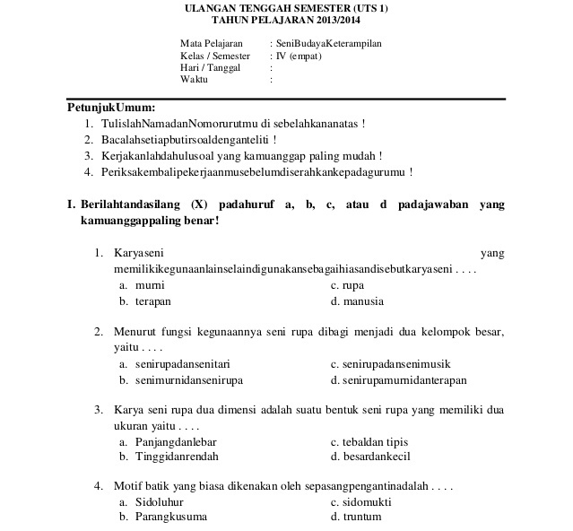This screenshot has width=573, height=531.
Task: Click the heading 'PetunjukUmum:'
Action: [x=112, y=108]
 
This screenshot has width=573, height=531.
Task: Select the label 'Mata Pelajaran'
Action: [x=212, y=43]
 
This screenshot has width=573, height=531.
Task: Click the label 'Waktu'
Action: [x=194, y=79]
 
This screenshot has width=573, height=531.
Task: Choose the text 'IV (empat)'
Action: [x=299, y=56]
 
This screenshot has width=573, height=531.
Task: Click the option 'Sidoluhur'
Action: [x=159, y=502]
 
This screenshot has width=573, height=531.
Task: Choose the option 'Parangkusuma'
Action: [x=170, y=518]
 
